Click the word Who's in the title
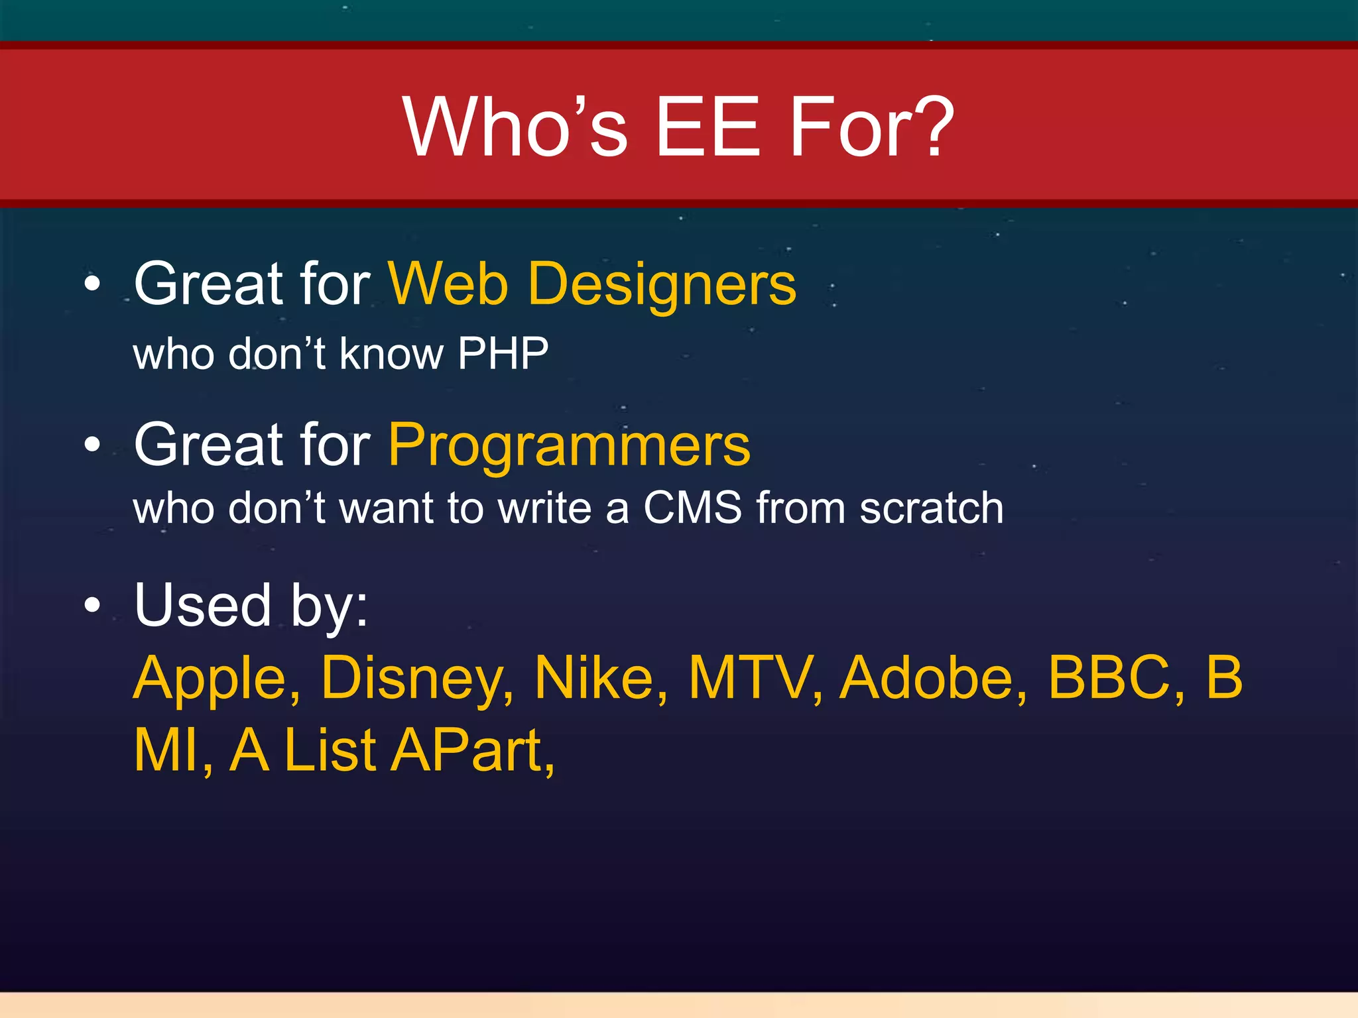pos(515,126)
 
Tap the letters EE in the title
pos(707,126)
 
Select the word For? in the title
pos(871,126)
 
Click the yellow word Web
pos(448,284)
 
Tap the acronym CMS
pos(692,508)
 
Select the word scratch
pos(931,508)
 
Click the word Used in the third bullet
pos(203,604)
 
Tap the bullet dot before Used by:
pos(93,605)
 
